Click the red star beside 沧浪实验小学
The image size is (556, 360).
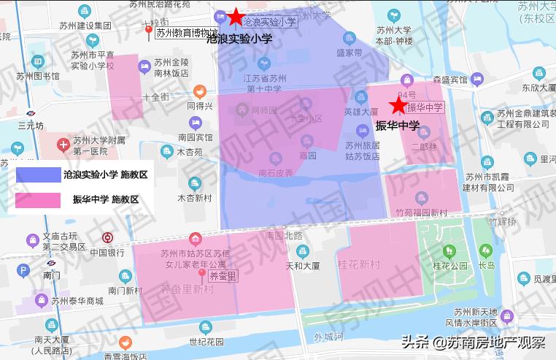235,16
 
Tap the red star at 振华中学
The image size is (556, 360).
398,107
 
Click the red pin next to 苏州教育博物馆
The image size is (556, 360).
149,33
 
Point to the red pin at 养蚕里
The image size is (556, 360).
202,275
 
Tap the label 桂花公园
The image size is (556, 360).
450,266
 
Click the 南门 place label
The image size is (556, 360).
51,275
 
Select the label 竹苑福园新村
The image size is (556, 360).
421,213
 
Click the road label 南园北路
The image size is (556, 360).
284,235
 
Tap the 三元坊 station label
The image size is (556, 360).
31,126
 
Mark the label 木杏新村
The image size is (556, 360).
194,199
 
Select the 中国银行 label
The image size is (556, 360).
107,253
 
